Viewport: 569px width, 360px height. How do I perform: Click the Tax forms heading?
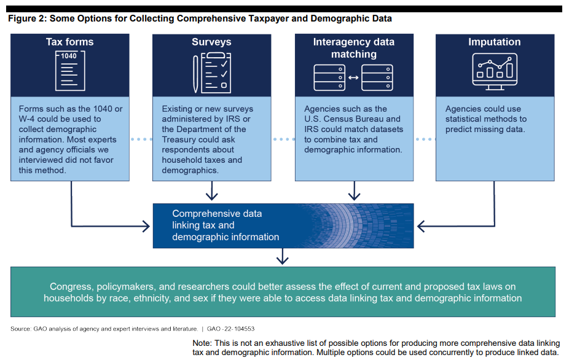tap(70, 42)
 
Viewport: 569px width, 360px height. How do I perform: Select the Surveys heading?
tap(211, 42)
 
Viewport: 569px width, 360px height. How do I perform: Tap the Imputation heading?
tap(495, 42)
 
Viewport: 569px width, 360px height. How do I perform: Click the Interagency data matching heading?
tap(353, 48)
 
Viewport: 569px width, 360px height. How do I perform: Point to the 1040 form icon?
tap(69, 72)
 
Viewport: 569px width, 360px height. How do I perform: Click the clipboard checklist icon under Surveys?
tap(216, 72)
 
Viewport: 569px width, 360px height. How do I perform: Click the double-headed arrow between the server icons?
tap(353, 78)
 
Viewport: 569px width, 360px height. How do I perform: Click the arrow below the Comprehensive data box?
tap(282, 256)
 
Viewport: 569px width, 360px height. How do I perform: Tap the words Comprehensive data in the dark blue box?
tap(217, 214)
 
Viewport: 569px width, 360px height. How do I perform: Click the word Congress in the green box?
tap(70, 286)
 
